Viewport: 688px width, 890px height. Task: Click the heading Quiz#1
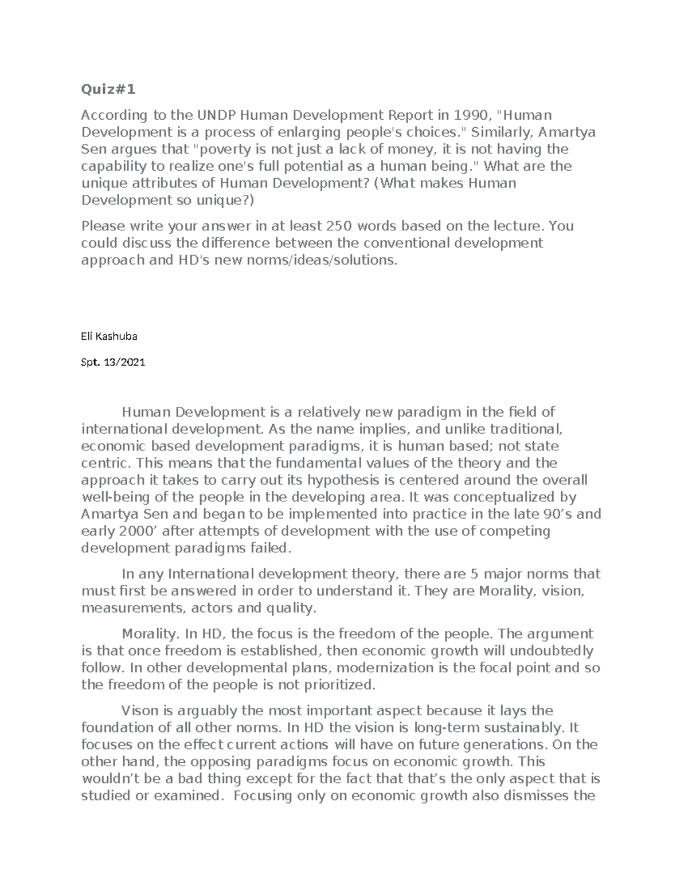[110, 90]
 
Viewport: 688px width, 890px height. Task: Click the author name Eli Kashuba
[110, 337]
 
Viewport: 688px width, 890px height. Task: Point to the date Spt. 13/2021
[114, 362]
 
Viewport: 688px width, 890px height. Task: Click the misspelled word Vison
[140, 711]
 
